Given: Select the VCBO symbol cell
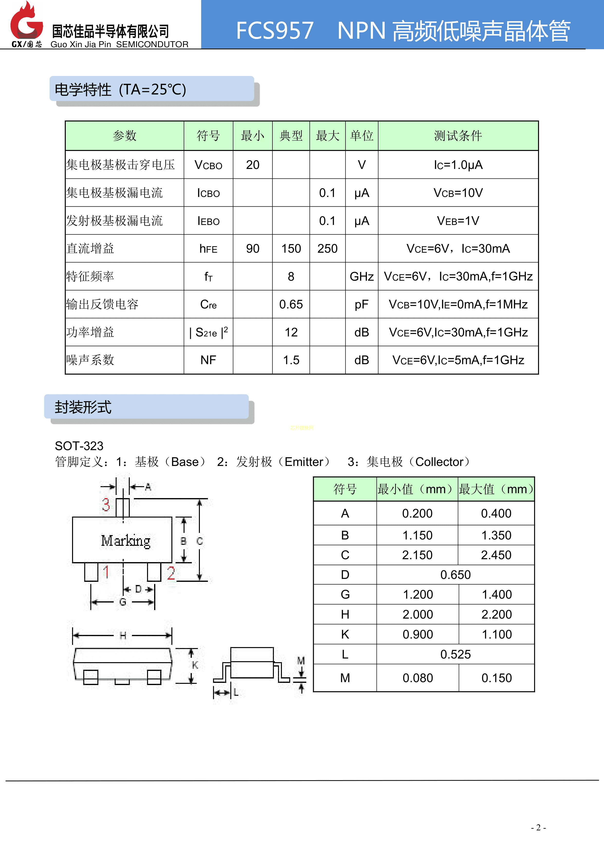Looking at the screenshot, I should (208, 165).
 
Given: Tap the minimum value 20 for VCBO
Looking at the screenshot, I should (252, 165).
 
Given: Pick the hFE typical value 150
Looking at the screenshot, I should (291, 249).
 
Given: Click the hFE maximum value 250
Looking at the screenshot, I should (327, 249).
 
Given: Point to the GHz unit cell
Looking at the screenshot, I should (362, 276).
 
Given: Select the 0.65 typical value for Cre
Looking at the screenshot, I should (291, 304).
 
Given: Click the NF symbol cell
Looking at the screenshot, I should (208, 360).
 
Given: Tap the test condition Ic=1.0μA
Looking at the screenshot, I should (458, 165).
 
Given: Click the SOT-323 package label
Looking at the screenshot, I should (79, 446).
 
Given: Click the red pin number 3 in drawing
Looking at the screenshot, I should (106, 505).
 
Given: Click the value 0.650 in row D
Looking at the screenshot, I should (455, 575).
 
